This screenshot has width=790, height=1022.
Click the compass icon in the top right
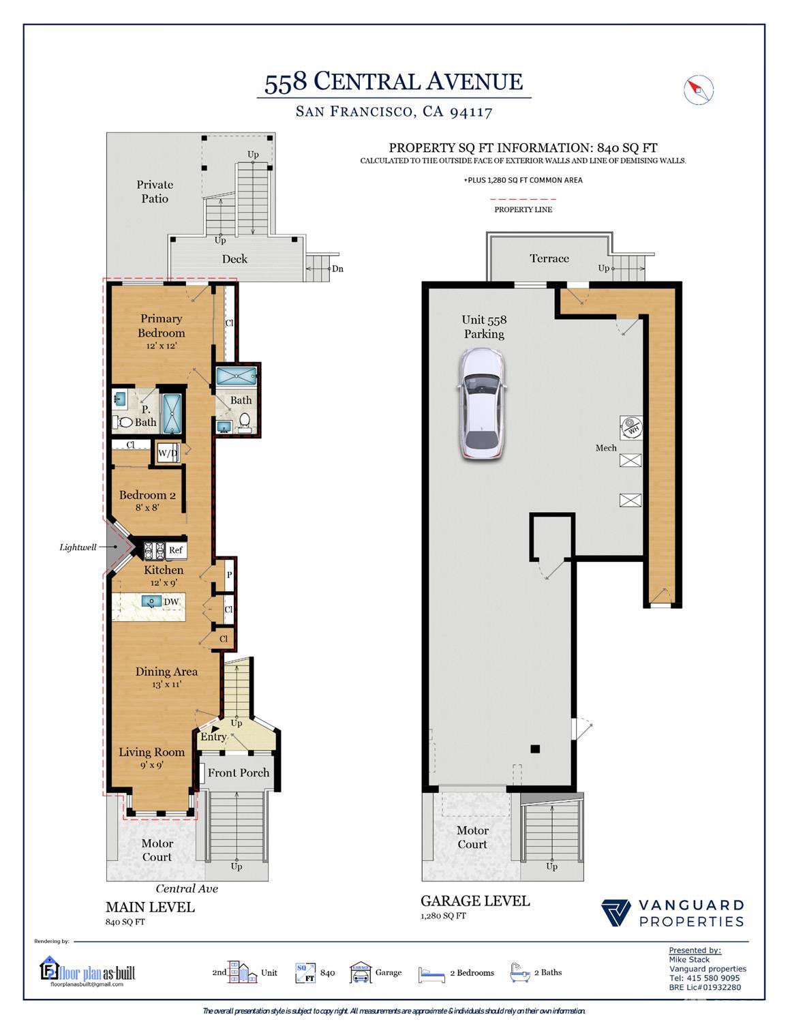698,89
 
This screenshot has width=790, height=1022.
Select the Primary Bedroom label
161,326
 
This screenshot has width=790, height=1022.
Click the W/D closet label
168,453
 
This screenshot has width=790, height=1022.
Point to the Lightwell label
78,547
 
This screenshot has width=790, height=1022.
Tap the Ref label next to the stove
175,550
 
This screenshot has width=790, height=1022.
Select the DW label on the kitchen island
171,601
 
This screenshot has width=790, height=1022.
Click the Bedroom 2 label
147,495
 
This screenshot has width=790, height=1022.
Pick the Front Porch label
239,772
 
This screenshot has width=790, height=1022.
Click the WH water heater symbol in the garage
631,428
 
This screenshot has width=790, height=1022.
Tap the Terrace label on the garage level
549,258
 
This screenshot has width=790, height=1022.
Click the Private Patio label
155,192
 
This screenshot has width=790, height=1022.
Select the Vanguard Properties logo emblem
616,913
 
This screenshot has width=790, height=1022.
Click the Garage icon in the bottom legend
361,972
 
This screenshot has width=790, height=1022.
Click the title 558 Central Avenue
394,82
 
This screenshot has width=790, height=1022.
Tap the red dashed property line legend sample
523,199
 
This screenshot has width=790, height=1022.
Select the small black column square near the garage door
535,749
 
